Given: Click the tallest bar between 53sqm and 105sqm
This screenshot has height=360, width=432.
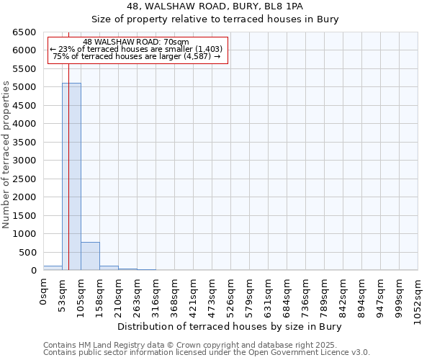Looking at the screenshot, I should [71, 176].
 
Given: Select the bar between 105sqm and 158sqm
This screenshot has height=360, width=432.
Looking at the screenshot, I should [90, 256].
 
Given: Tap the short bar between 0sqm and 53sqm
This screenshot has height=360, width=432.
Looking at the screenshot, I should [53, 268].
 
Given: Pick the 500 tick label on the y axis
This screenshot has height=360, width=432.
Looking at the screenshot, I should [28, 253].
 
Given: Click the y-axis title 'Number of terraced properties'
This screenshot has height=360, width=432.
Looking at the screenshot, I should [6, 154].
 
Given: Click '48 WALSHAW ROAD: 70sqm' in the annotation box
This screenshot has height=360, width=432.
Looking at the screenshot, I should [136, 42].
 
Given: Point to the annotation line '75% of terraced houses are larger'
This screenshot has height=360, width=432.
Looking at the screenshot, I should [136, 56].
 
